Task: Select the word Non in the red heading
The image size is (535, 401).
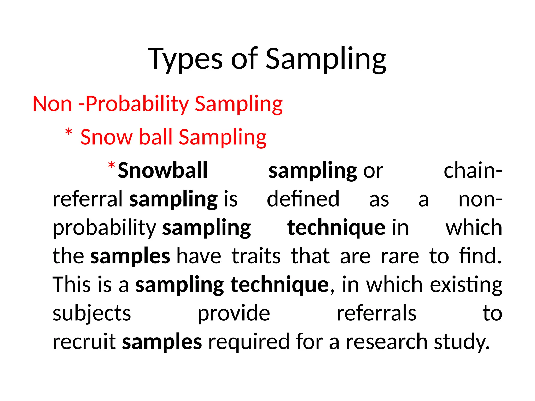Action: pos(52,104)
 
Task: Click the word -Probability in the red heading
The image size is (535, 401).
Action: pos(133,104)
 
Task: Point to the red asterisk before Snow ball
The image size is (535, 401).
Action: pos(69,132)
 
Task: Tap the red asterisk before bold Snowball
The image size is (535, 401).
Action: pos(112,166)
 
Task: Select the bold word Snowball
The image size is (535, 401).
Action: pos(162,170)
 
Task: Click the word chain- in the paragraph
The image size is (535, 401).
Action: pos(473,170)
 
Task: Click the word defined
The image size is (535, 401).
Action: pos(303,199)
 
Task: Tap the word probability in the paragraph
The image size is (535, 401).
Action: pos(104,228)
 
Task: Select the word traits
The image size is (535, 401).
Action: pos(256,256)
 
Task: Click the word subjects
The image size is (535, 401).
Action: pos(92,313)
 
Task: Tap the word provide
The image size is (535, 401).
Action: pos(234,313)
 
